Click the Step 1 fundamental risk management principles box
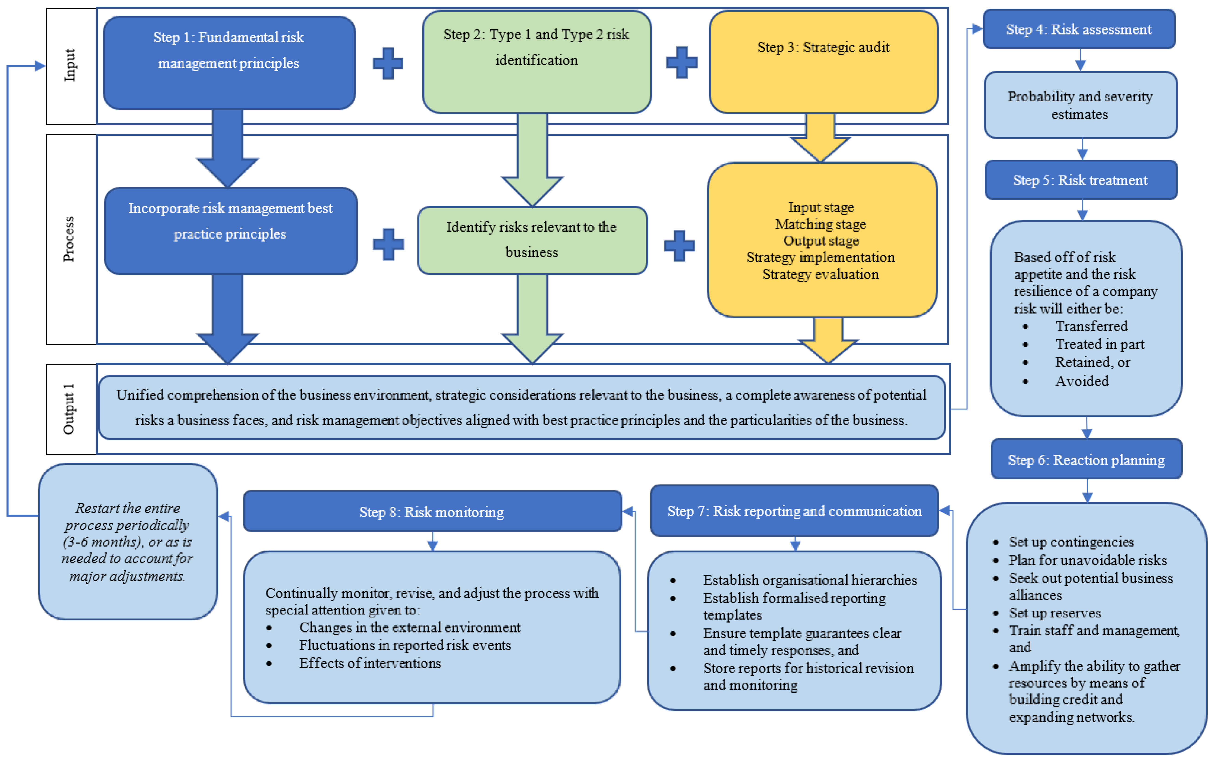229,63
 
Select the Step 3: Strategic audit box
823,61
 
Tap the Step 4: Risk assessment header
1078,29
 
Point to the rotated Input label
70,66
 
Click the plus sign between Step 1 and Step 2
388,63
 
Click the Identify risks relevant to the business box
532,240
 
